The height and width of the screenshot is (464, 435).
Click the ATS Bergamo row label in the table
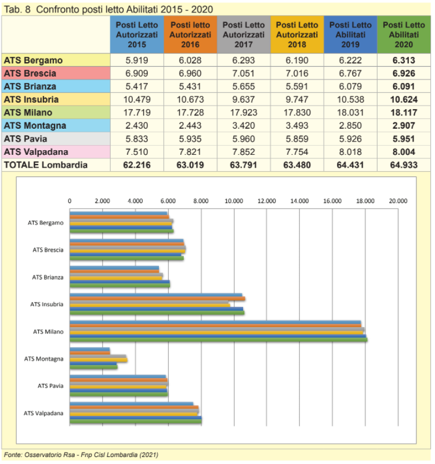[x=33, y=60]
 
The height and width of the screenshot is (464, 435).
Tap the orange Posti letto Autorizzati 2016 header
[x=190, y=35]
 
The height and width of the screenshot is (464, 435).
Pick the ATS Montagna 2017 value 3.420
[x=244, y=126]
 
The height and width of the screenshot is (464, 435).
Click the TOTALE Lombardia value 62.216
[x=137, y=165]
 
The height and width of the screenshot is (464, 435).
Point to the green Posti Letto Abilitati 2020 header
[x=404, y=35]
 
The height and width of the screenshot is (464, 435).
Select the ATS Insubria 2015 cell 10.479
[x=137, y=100]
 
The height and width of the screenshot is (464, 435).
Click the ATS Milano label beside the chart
[x=48, y=332]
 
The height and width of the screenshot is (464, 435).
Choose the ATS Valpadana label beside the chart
[x=43, y=413]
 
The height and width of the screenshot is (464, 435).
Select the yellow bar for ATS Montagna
[x=98, y=360]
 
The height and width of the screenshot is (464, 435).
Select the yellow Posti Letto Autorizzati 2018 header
[x=297, y=35]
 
